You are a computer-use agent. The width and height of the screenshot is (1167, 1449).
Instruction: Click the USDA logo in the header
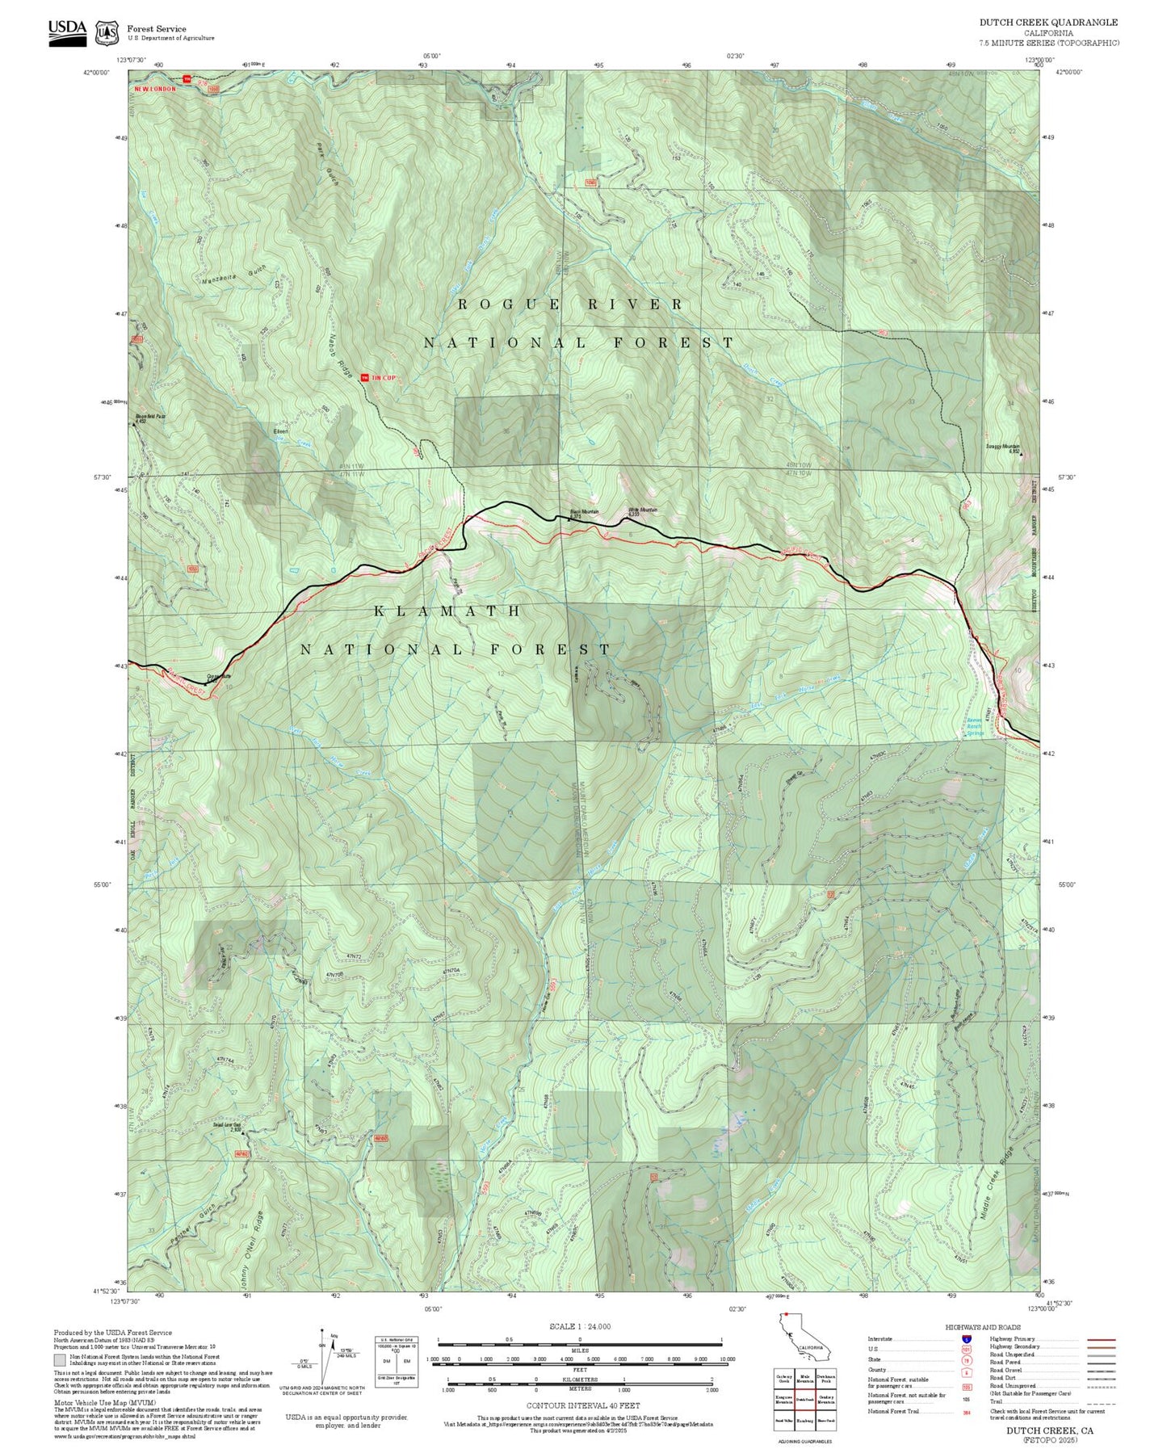[67, 31]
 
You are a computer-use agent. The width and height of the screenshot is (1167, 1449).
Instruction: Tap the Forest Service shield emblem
[106, 32]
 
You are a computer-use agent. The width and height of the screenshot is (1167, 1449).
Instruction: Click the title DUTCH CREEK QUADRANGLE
[1048, 23]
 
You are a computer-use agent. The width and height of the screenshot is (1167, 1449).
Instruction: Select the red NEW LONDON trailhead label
[155, 89]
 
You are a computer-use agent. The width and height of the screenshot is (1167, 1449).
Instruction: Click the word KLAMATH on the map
[448, 611]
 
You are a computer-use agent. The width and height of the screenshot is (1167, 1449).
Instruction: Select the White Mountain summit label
[643, 511]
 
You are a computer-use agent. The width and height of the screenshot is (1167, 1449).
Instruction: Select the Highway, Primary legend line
[1102, 1339]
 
